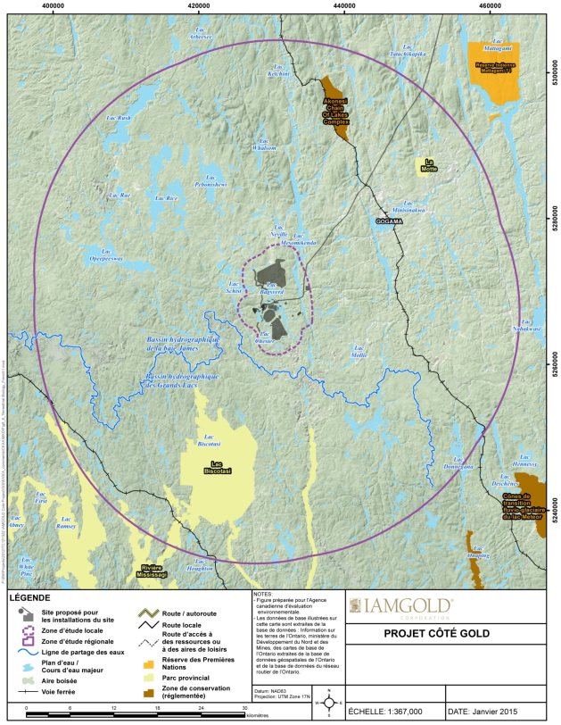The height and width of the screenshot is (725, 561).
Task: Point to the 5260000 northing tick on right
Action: coord(553,364)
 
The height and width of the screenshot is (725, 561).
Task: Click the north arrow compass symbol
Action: coord(328,702)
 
